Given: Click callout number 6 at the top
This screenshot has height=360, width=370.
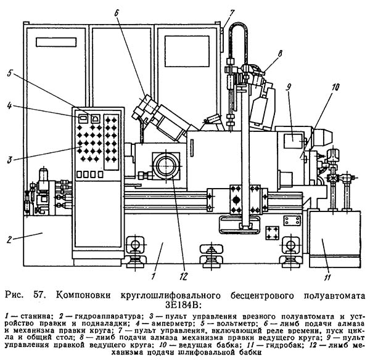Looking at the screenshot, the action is pyautogui.click(x=116, y=13).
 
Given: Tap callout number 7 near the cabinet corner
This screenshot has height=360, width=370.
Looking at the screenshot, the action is pyautogui.click(x=232, y=13).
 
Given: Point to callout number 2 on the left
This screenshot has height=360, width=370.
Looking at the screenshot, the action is pyautogui.click(x=9, y=239).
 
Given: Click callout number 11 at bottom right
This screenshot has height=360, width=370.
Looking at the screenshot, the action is pyautogui.click(x=327, y=277).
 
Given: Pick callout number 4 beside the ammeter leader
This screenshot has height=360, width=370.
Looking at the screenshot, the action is pyautogui.click(x=9, y=105).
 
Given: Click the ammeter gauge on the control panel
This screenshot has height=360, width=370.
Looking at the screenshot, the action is pyautogui.click(x=83, y=118).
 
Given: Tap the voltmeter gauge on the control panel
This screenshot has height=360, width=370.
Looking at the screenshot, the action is pyautogui.click(x=96, y=118).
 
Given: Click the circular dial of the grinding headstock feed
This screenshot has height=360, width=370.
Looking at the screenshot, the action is pyautogui.click(x=166, y=166).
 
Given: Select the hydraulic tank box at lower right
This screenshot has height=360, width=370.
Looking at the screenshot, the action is pyautogui.click(x=335, y=239).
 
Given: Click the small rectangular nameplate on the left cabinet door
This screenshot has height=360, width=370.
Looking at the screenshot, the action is pyautogui.click(x=56, y=43).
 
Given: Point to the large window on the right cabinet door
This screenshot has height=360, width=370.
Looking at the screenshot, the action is pyautogui.click(x=187, y=51).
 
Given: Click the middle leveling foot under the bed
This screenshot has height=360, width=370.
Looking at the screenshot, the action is pyautogui.click(x=212, y=256).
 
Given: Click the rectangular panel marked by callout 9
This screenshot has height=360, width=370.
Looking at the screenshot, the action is pyautogui.click(x=293, y=141).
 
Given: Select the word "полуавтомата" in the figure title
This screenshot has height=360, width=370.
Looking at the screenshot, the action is pyautogui.click(x=334, y=295).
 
